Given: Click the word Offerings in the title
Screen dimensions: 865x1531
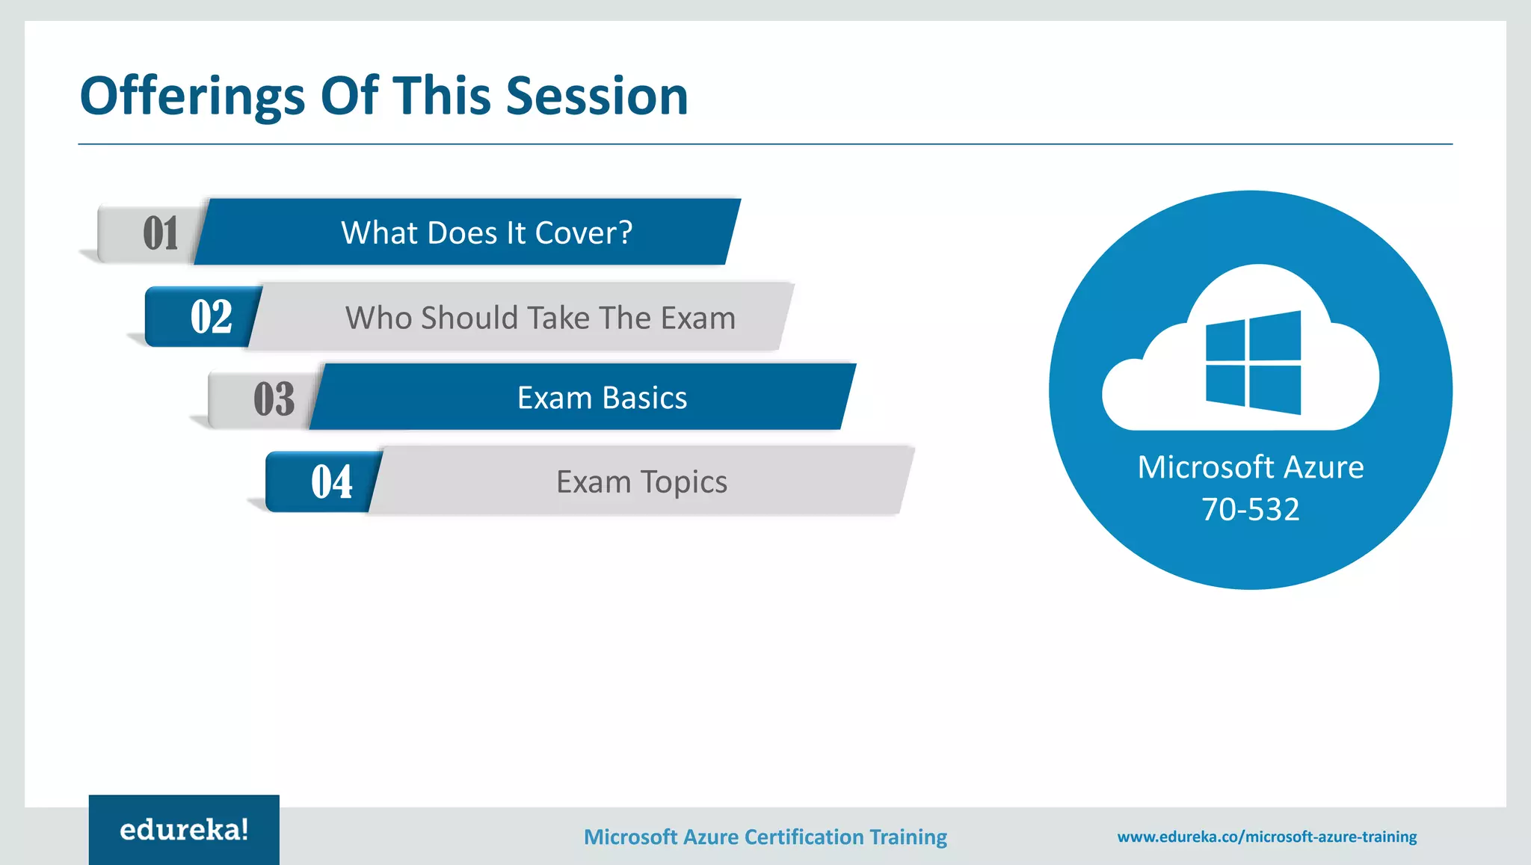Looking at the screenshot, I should point(192,96).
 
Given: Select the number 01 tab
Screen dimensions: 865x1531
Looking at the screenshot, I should point(160,233).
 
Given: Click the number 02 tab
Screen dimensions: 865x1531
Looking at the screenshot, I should point(211,317).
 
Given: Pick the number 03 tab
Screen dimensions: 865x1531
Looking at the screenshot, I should point(274,398).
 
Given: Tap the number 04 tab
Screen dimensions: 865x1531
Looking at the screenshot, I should point(331,481).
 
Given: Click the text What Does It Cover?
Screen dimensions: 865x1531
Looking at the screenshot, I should point(487,233).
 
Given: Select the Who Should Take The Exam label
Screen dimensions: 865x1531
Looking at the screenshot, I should point(540,318).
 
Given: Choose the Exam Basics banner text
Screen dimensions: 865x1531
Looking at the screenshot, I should point(602,398).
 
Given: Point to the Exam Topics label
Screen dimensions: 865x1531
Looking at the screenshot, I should point(641,482).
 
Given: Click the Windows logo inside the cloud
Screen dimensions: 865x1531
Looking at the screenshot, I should point(1253,363).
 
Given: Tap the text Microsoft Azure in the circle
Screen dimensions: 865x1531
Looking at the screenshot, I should point(1250,467).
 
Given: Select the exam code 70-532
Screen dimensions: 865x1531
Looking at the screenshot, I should point(1250,509).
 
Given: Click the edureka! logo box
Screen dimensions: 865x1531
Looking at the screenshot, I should point(184,830).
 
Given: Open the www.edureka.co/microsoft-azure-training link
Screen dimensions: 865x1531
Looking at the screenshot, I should point(1266,837).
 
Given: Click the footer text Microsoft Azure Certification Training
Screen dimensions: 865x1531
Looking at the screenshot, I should point(765,837).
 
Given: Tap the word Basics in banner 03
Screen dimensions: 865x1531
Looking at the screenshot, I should point(644,398).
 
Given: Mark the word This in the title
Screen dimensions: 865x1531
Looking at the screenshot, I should point(442,96).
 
